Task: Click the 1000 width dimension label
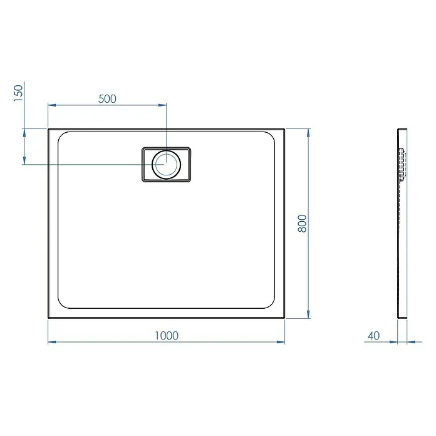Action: pyautogui.click(x=167, y=336)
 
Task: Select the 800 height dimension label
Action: pyautogui.click(x=302, y=223)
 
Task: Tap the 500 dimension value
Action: pyautogui.click(x=107, y=99)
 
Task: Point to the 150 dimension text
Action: pyautogui.click(x=18, y=93)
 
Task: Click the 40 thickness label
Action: pyautogui.click(x=373, y=336)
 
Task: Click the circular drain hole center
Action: pyautogui.click(x=166, y=164)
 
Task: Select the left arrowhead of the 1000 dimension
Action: pyautogui.click(x=52, y=342)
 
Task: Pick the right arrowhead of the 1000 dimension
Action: pyautogui.click(x=281, y=342)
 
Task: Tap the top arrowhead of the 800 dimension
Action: pyautogui.click(x=308, y=133)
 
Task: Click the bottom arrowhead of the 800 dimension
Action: pyautogui.click(x=308, y=314)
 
